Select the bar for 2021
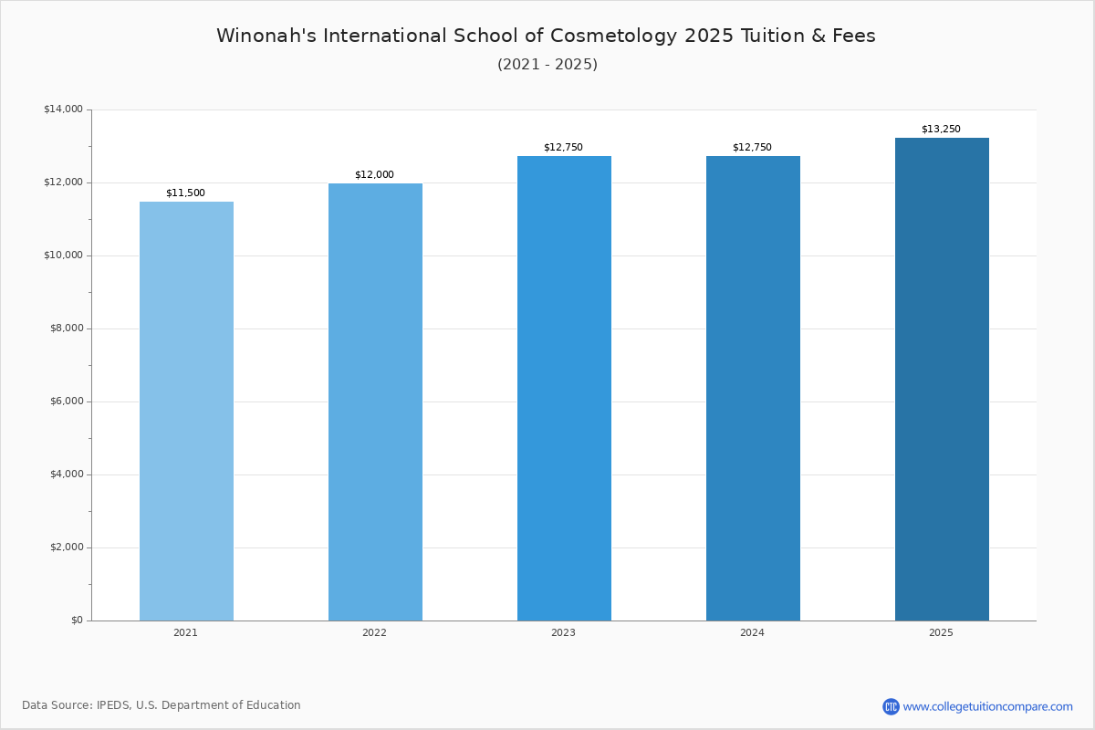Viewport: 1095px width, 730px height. point(186,412)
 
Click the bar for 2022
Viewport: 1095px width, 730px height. point(375,401)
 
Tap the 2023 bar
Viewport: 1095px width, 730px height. point(564,388)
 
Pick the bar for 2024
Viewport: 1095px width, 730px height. point(753,388)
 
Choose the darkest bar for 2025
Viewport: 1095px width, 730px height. point(942,380)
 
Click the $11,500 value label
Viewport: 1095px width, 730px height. point(186,193)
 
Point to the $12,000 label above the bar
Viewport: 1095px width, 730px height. point(374,174)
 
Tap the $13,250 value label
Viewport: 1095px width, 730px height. point(941,129)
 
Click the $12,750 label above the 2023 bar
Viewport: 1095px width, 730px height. point(563,147)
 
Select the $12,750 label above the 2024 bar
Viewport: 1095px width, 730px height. point(752,147)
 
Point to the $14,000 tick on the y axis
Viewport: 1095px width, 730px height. point(64,109)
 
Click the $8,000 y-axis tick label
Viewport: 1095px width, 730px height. point(67,328)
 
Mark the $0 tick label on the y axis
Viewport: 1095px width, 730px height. point(78,620)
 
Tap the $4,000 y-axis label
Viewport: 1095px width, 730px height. point(67,474)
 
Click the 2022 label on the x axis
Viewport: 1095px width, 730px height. point(374,632)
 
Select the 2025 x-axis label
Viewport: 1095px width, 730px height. point(941,632)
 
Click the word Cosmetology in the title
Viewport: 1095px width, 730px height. point(614,36)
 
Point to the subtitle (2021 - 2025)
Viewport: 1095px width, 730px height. point(547,65)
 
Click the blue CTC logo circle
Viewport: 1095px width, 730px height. point(891,706)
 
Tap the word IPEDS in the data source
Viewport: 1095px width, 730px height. point(113,705)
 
